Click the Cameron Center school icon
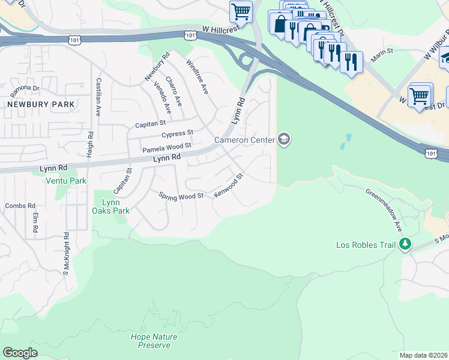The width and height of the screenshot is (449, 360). [284, 140]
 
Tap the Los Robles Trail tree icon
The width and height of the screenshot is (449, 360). [406, 244]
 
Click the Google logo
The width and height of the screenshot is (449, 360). [20, 353]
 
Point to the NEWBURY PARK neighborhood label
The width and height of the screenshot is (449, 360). [41, 104]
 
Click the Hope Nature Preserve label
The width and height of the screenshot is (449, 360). [151, 341]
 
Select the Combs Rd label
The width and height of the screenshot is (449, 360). [16, 206]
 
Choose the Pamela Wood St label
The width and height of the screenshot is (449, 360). [166, 146]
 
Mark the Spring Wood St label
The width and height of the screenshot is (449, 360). [181, 196]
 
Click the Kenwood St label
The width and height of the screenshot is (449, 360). [231, 187]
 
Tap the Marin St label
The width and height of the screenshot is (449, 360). [382, 52]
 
